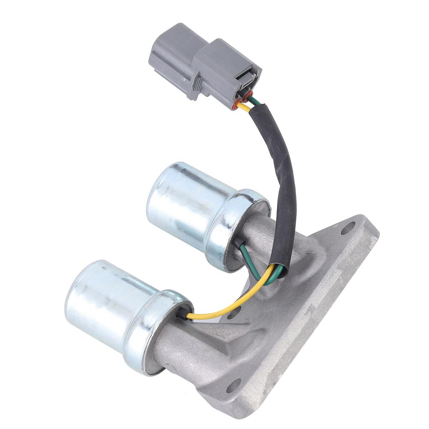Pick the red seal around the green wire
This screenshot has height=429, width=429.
(x=248, y=96)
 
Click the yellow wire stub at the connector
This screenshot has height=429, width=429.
(x=243, y=107)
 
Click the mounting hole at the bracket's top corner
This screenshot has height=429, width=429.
(x=348, y=228)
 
